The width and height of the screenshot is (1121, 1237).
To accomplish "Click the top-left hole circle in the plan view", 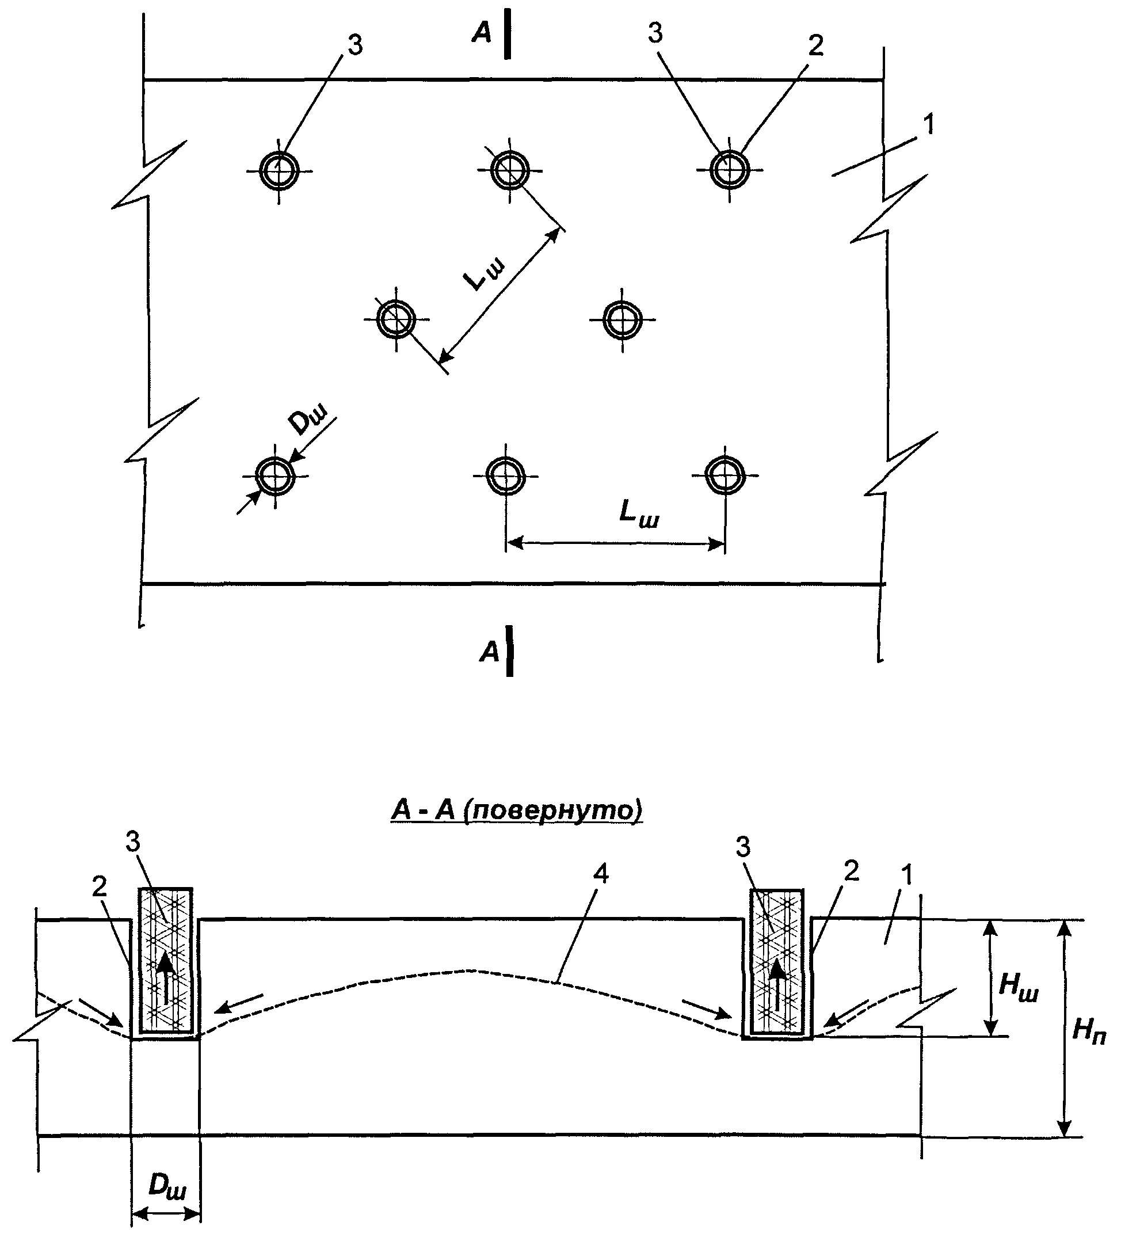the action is tap(260, 170).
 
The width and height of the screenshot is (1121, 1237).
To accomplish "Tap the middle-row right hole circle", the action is tap(604, 319).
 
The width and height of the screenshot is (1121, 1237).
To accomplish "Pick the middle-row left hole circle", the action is tap(378, 319).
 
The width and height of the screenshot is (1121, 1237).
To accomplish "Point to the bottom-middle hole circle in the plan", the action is tap(488, 475).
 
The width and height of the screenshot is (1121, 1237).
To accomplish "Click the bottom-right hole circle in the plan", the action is tap(707, 475).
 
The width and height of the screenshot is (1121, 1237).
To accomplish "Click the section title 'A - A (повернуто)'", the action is tap(517, 810).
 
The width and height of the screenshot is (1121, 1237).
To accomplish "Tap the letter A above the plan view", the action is tap(482, 34).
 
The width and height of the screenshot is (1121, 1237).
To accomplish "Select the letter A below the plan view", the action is tap(490, 652).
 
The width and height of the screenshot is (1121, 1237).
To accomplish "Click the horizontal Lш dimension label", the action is tap(638, 513).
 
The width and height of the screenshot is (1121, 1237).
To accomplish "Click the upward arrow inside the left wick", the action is tap(165, 978).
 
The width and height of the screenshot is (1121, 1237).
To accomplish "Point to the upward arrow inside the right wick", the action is tap(777, 984).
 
